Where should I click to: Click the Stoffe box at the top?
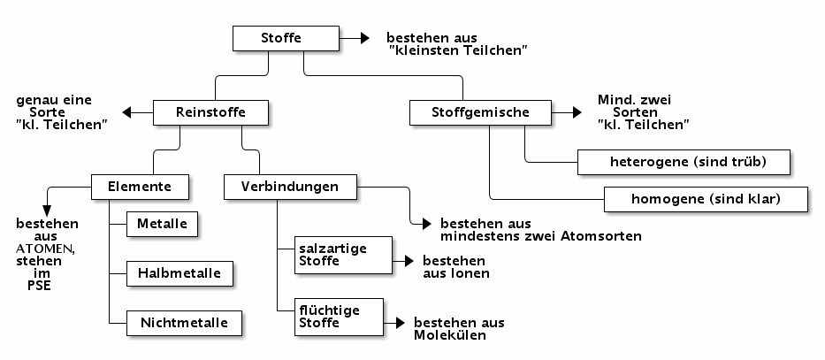[286, 39]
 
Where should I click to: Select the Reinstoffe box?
[210, 112]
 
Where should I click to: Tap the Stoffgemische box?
[480, 112]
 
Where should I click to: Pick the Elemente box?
[140, 188]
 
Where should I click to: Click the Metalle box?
[162, 225]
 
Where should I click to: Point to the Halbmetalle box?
[180, 273]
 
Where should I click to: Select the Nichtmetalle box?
[184, 323]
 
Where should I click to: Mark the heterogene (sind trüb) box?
[684, 163]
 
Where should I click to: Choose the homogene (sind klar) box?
[706, 199]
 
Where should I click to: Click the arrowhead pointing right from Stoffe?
[363, 39]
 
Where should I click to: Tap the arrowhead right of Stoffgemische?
[576, 112]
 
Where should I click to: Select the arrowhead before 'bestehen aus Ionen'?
[409, 262]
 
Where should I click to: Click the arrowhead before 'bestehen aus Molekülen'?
[401, 324]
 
